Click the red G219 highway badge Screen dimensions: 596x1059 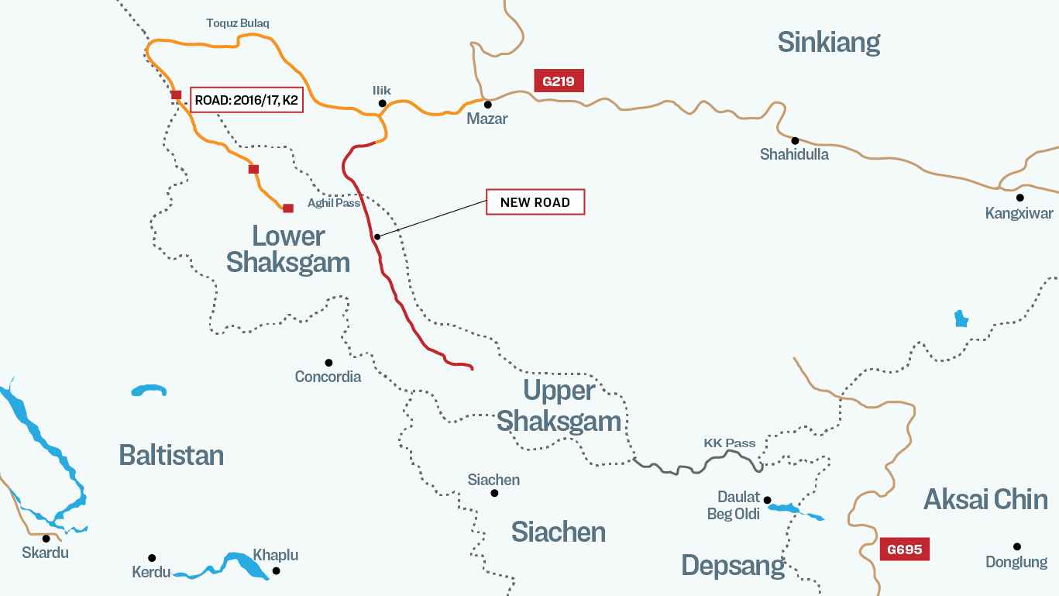(x=558, y=81)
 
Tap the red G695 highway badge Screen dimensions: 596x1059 (x=904, y=549)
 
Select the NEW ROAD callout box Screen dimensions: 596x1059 (x=535, y=202)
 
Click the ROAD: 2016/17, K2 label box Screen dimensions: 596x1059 (x=246, y=100)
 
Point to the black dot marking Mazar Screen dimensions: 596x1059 (x=488, y=104)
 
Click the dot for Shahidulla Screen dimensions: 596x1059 (x=795, y=140)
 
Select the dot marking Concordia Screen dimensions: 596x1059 (x=328, y=362)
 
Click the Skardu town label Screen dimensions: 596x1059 (x=45, y=553)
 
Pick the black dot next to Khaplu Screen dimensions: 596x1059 (x=276, y=571)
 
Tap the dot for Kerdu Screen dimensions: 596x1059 (x=152, y=558)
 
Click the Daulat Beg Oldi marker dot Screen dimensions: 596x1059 (x=768, y=500)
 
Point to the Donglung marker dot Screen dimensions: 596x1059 (x=1017, y=546)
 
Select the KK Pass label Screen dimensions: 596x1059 (x=729, y=443)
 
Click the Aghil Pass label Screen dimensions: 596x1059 (x=334, y=203)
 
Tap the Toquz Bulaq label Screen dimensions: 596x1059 (x=238, y=23)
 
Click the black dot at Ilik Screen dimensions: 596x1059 (x=382, y=103)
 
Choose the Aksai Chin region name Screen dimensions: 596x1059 (x=985, y=500)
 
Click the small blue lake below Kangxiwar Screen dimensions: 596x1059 (x=961, y=319)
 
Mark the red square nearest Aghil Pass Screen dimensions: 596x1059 (x=288, y=208)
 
